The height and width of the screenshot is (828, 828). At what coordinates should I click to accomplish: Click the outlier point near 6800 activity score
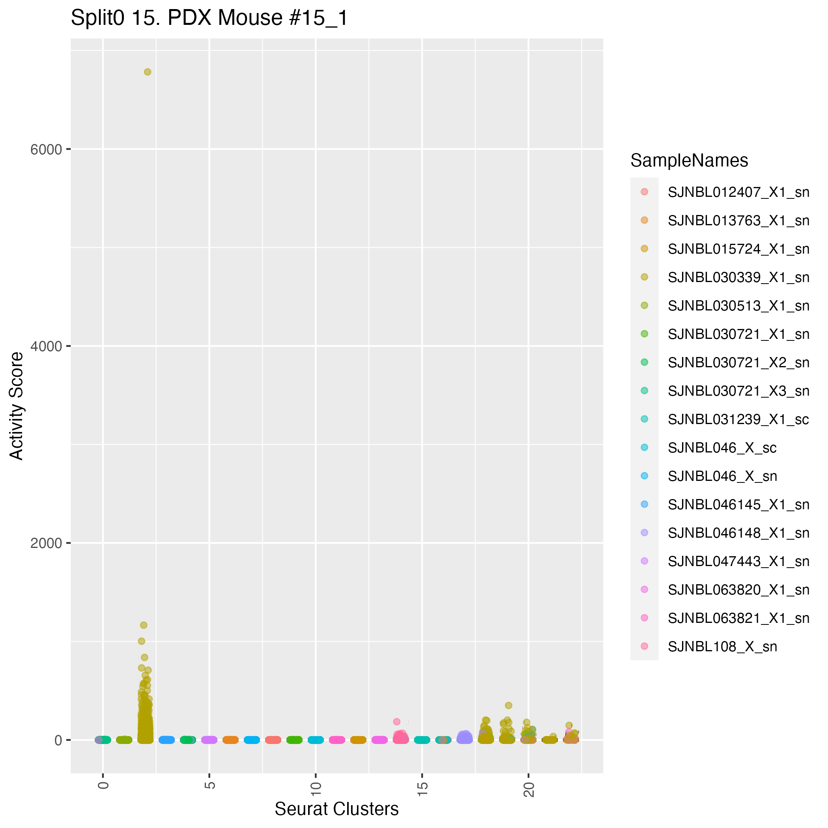tap(148, 72)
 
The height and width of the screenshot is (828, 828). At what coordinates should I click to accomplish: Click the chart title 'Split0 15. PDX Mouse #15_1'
tap(209, 19)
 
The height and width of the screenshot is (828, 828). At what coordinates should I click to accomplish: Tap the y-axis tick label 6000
tap(46, 150)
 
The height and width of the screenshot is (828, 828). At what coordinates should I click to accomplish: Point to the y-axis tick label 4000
tap(46, 346)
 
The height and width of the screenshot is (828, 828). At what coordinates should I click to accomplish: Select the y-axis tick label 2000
tap(46, 544)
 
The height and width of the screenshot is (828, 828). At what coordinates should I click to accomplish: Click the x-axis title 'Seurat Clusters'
tap(336, 809)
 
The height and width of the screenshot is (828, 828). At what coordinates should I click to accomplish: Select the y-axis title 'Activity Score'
tap(17, 406)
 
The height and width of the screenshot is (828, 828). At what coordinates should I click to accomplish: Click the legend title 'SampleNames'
tap(689, 161)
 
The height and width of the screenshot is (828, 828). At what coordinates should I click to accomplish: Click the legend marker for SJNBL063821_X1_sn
tap(644, 618)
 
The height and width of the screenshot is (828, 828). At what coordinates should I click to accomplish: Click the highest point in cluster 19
tap(509, 705)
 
